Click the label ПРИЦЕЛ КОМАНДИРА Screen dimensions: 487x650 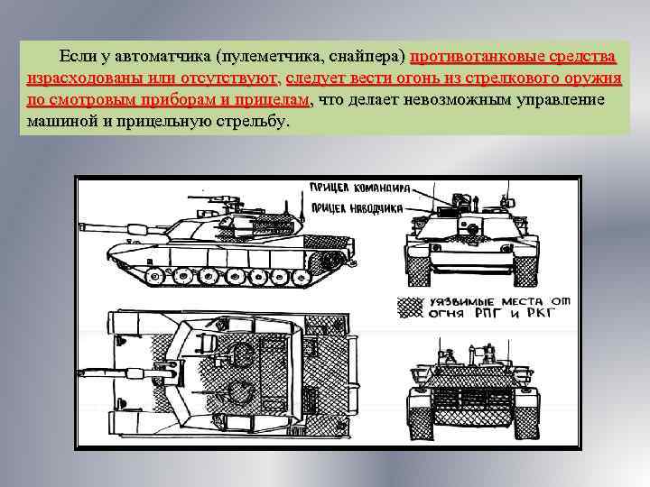tap(359, 189)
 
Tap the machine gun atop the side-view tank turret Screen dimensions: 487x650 tap(215, 192)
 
